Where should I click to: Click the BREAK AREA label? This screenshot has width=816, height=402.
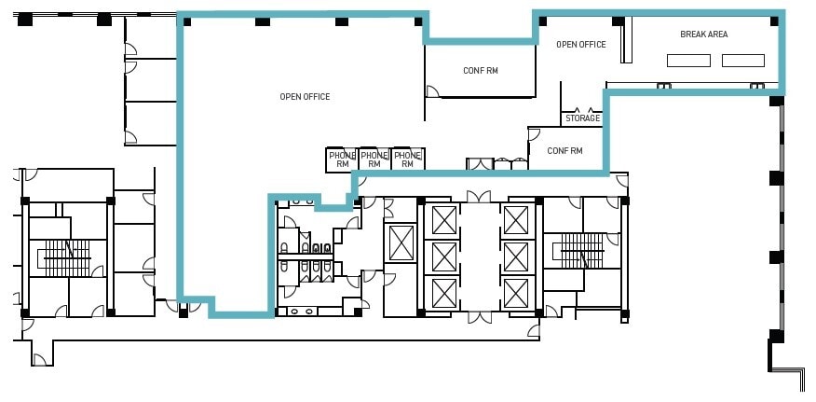pyautogui.click(x=703, y=35)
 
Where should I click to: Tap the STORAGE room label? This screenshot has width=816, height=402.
pyautogui.click(x=582, y=118)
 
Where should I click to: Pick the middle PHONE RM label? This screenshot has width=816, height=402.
pyautogui.click(x=374, y=159)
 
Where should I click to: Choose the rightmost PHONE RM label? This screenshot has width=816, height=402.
pyautogui.click(x=406, y=159)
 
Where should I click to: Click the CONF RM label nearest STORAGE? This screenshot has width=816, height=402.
pyautogui.click(x=564, y=150)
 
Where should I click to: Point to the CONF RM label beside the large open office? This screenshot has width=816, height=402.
pyautogui.click(x=481, y=71)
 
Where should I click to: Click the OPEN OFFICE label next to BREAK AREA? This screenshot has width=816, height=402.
pyautogui.click(x=580, y=44)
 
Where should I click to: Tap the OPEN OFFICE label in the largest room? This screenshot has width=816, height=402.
pyautogui.click(x=305, y=96)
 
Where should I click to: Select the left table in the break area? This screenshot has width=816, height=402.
pyautogui.click(x=688, y=61)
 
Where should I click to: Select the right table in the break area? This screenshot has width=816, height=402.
pyautogui.click(x=743, y=61)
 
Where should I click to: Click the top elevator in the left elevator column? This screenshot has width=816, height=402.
pyautogui.click(x=444, y=220)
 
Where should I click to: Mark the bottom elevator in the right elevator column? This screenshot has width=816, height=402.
pyautogui.click(x=515, y=293)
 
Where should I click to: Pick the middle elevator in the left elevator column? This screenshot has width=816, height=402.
pyautogui.click(x=444, y=256)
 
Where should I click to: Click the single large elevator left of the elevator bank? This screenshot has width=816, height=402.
pyautogui.click(x=401, y=243)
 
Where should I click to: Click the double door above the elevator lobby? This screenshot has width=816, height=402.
pyautogui.click(x=480, y=197)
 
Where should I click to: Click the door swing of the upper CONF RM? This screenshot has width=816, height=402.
pyautogui.click(x=432, y=90)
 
